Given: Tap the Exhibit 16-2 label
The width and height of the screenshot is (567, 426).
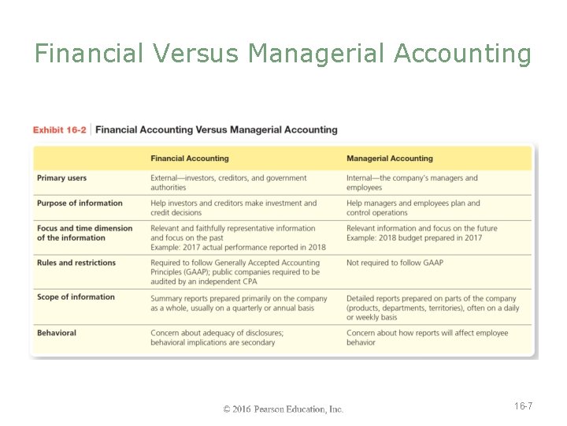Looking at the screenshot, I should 60,130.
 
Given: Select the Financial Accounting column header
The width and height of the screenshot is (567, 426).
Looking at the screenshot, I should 190,159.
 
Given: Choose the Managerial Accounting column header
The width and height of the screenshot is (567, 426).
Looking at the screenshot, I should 390,159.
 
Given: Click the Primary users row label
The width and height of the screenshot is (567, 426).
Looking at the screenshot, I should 62,178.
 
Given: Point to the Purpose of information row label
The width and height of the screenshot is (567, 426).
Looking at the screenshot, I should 80,203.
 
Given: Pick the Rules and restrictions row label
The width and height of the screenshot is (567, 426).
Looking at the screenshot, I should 76,263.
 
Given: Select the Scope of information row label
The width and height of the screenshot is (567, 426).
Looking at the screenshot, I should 76,297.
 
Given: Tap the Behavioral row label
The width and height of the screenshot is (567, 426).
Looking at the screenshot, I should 57,333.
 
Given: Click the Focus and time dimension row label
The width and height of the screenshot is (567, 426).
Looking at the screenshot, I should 84,233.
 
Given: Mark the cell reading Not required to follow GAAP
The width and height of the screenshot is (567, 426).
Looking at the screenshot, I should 395,263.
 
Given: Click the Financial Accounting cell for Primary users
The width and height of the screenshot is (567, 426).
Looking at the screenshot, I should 228,183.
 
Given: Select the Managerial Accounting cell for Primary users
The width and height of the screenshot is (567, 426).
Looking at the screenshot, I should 412,183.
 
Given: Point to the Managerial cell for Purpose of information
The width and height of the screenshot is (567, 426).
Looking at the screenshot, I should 413,208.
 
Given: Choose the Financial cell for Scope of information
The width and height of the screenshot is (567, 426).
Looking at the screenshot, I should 239,303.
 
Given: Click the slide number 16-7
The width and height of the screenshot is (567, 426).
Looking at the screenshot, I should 523,406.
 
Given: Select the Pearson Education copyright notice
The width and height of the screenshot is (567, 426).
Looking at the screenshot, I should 283,409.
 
